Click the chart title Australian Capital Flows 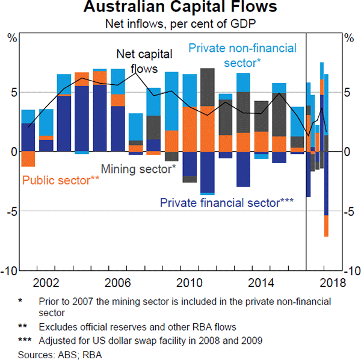point(180,8)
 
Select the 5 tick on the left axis point(13,92)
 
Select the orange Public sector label point(61,179)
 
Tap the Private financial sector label point(226,202)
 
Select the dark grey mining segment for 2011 point(208,87)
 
